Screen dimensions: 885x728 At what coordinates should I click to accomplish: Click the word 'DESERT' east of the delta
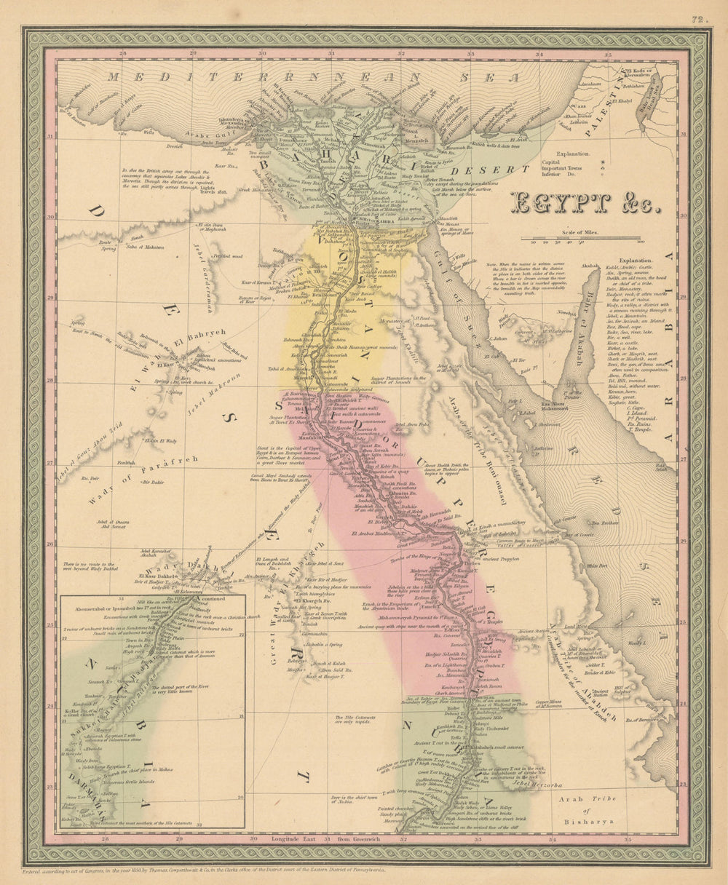(503, 170)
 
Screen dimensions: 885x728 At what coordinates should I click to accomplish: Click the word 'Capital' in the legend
(566, 163)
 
